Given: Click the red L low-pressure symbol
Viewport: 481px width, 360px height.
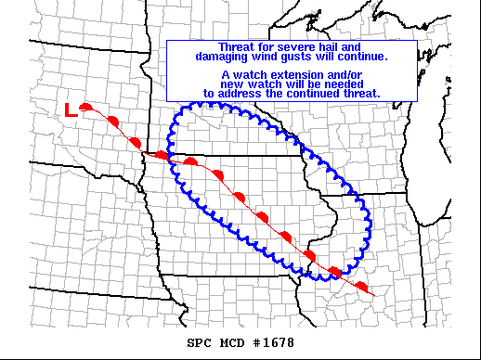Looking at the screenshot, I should pos(71,109).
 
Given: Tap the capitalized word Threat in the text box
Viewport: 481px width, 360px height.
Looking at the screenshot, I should pos(234,47).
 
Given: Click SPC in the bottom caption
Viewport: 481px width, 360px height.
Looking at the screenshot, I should pos(200,341).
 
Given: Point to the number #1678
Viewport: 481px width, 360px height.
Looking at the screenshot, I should pos(276,341).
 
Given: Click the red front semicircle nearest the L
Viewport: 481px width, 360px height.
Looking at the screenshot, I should pos(86,108).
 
